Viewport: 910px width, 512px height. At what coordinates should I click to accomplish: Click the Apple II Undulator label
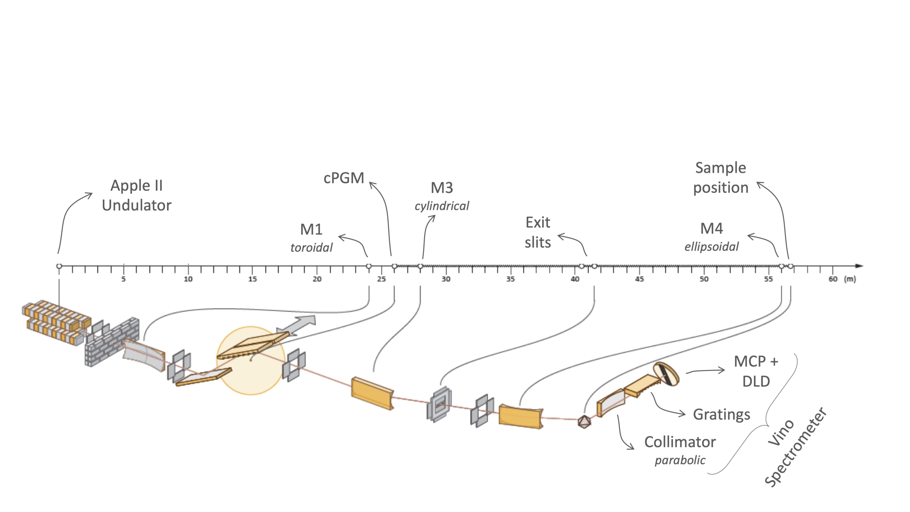(x=136, y=195)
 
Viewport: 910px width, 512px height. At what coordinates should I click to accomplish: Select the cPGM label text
(x=344, y=178)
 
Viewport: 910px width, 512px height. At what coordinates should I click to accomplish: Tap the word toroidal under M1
(x=311, y=247)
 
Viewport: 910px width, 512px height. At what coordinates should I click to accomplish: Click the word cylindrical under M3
(x=442, y=206)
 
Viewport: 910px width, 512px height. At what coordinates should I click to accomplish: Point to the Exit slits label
(x=537, y=233)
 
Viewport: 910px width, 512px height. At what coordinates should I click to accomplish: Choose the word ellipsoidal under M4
(x=711, y=246)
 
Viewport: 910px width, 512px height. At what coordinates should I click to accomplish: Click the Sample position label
(x=721, y=178)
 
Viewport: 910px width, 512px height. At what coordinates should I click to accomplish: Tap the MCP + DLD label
(x=756, y=371)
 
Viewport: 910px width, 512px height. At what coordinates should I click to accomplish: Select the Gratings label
(x=722, y=415)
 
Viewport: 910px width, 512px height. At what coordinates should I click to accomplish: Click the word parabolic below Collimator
(x=680, y=460)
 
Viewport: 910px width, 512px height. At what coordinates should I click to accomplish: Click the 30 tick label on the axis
(x=446, y=279)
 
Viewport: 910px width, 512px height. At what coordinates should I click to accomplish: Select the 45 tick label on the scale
(x=639, y=279)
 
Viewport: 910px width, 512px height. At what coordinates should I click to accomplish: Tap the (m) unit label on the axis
(x=850, y=279)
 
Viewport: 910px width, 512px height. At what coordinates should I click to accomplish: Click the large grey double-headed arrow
(x=296, y=325)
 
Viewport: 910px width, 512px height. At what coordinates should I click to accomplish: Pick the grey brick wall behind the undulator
(x=112, y=341)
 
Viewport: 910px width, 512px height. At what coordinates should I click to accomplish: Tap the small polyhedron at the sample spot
(x=584, y=422)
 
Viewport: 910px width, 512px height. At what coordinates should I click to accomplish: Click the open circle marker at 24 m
(x=369, y=266)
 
